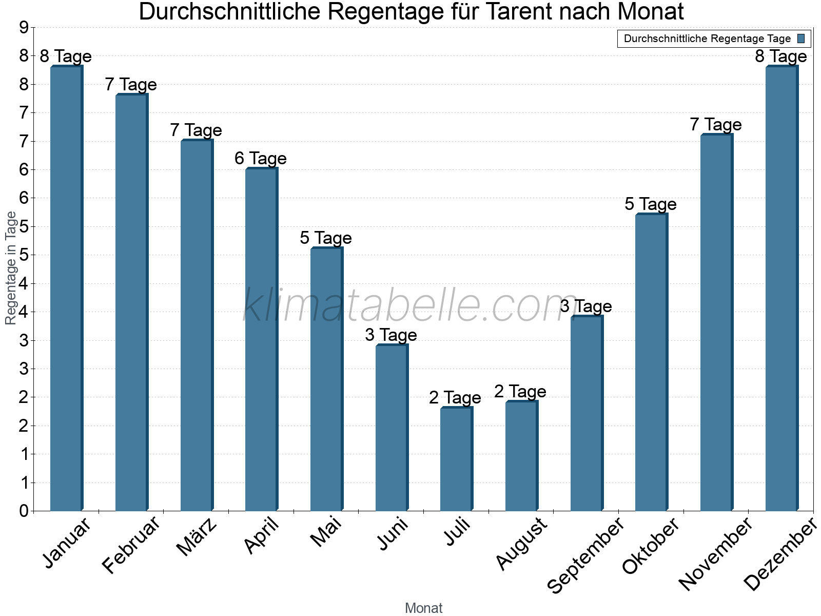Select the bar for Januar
(x=66, y=287)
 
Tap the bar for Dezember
(x=781, y=287)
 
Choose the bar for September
(x=586, y=413)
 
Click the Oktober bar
(x=651, y=362)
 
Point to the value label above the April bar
(x=261, y=159)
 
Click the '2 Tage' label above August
(x=520, y=392)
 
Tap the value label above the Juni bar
(x=391, y=335)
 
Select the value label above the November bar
(x=716, y=125)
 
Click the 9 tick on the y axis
(x=24, y=28)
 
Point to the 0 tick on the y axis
(x=24, y=511)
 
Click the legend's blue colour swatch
(x=801, y=38)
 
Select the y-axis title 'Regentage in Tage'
(x=11, y=268)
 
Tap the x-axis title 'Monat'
(x=423, y=608)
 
